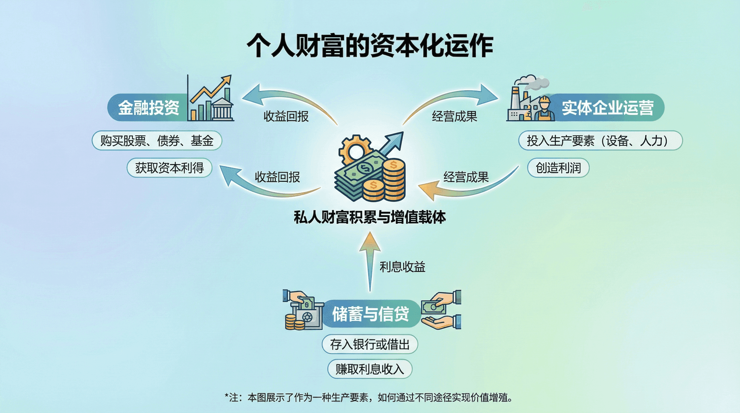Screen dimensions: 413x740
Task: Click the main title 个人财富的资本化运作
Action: click(370, 45)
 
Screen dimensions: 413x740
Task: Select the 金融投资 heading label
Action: click(148, 107)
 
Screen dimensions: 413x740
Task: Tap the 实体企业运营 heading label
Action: click(607, 107)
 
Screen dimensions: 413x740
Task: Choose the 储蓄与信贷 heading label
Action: click(370, 314)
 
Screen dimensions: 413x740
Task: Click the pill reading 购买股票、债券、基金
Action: click(156, 141)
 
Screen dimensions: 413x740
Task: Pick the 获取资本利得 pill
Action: click(169, 168)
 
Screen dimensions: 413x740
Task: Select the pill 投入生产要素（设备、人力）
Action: click(600, 141)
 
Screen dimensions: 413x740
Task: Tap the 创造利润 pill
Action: click(558, 168)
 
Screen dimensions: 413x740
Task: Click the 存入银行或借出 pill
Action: click(370, 344)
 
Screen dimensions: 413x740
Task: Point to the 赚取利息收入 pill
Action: click(370, 369)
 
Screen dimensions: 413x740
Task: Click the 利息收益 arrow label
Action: click(402, 267)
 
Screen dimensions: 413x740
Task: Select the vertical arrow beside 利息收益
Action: click(370, 262)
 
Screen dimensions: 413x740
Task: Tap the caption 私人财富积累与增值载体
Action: click(370, 217)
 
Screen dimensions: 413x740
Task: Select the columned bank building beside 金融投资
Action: click(222, 110)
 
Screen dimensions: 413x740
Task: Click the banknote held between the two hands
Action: click(434, 307)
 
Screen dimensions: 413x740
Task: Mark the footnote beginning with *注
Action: click(368, 397)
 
